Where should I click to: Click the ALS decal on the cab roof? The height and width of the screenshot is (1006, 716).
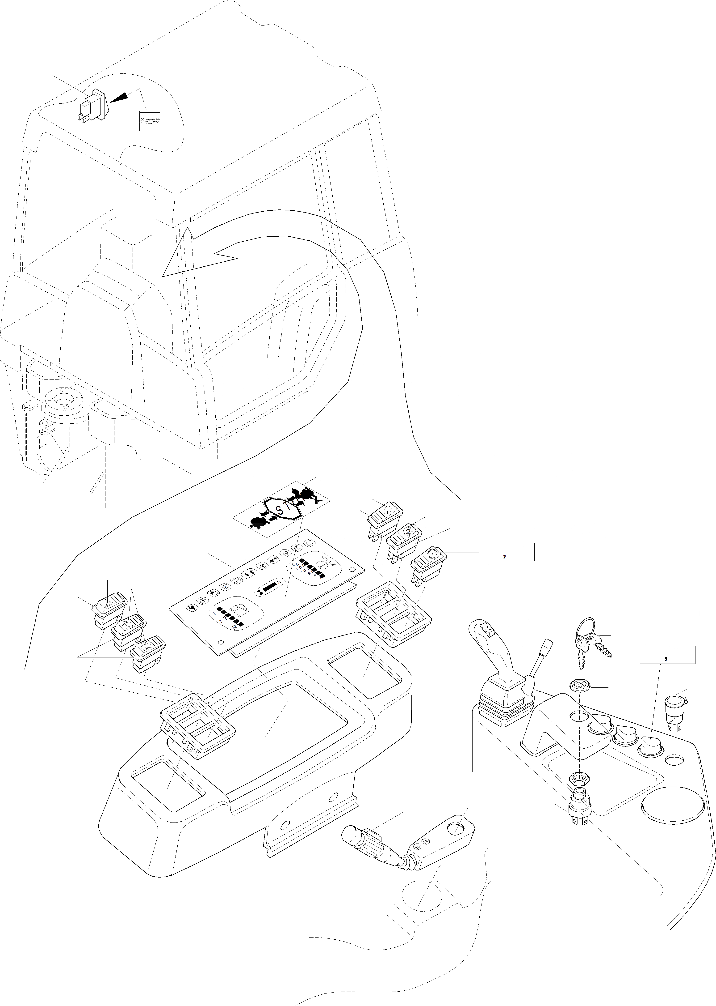150,120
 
